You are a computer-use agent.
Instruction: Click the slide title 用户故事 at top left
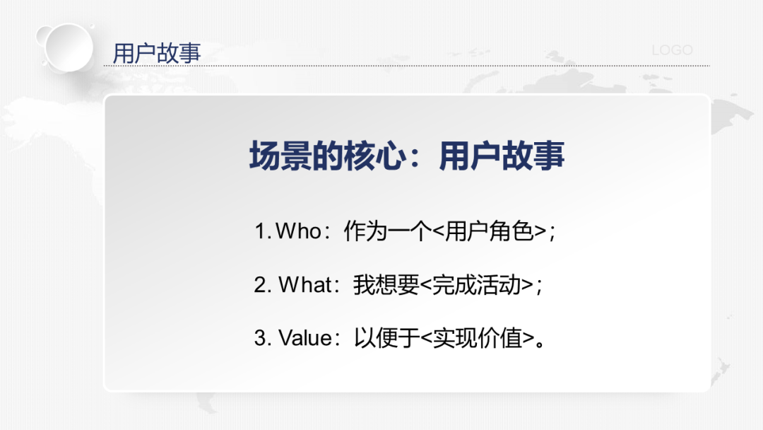tap(157, 53)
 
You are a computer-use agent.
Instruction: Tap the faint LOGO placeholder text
tap(672, 50)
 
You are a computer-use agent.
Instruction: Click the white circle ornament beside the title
tap(69, 47)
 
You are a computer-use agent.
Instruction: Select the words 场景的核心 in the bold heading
tap(328, 156)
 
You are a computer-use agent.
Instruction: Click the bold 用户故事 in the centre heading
tap(502, 156)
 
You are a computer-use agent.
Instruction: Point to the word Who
tap(298, 231)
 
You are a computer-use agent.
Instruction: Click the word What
tap(304, 284)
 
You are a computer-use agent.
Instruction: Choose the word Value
tap(304, 337)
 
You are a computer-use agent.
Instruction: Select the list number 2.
tap(262, 284)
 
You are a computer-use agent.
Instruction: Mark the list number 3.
tap(262, 337)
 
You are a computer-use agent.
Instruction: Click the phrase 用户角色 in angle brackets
tap(489, 231)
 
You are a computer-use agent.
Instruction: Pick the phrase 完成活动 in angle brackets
tap(476, 284)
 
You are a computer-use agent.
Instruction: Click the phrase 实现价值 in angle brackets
tap(478, 337)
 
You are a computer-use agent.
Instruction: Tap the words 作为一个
tap(388, 231)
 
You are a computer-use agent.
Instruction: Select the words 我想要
tap(386, 284)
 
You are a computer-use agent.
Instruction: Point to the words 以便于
tap(387, 337)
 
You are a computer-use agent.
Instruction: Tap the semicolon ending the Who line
tap(552, 233)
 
